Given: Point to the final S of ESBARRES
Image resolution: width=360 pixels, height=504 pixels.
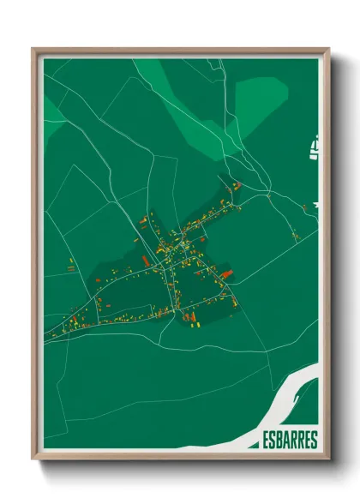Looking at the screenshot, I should (314, 441).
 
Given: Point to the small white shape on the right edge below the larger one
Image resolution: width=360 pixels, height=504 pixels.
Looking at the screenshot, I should (316, 205).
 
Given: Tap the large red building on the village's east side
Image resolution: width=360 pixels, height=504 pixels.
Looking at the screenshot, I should (227, 274).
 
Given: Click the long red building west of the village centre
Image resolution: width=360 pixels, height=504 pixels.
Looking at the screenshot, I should (147, 259).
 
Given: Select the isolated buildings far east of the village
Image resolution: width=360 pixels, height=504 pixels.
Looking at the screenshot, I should (295, 235).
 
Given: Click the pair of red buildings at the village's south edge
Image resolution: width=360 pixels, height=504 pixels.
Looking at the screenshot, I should (191, 319).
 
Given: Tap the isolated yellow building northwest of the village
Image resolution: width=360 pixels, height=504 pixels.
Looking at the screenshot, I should (71, 264).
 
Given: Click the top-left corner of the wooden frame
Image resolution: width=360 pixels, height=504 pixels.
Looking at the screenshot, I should (33, 50).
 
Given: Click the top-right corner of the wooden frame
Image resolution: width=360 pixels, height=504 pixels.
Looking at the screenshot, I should (328, 50).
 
